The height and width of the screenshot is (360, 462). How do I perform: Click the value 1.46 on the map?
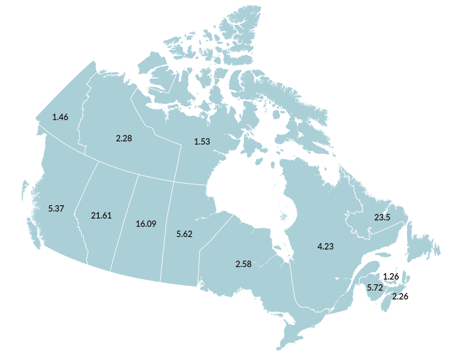[x=60, y=117]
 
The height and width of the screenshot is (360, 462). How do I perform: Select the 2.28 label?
[x=124, y=138]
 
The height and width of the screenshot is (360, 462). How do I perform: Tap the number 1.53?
[x=202, y=141]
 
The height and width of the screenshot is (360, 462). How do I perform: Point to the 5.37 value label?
[x=56, y=208]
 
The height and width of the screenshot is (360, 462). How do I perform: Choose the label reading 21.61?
[x=101, y=215]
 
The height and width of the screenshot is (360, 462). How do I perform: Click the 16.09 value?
[x=146, y=224]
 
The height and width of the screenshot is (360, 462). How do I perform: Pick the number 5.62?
[x=184, y=234]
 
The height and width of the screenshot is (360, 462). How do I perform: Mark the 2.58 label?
[x=243, y=264]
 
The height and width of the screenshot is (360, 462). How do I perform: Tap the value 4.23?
[x=325, y=246]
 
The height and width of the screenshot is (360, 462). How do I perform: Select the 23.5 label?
[x=382, y=217]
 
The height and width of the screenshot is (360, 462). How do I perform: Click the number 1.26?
[x=390, y=276]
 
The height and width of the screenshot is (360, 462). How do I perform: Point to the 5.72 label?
[x=375, y=287]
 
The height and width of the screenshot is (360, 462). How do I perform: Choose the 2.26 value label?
[x=400, y=296]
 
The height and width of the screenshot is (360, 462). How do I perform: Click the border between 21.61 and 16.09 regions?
[x=124, y=222]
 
